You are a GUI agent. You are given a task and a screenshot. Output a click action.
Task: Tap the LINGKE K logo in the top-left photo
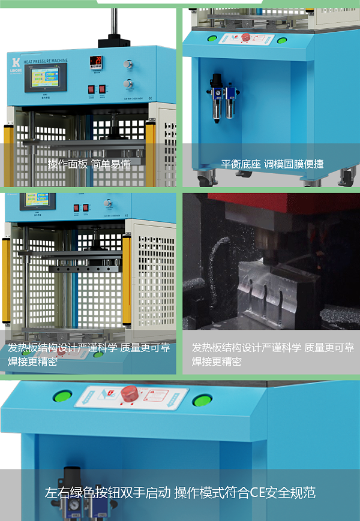click(16, 62)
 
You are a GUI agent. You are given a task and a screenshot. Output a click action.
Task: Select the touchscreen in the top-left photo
click(41, 79)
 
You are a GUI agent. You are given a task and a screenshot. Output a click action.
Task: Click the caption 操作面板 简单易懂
click(89, 164)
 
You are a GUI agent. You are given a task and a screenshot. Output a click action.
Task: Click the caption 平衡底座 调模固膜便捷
click(272, 164)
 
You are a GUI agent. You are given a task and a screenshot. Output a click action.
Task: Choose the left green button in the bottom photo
click(62, 397)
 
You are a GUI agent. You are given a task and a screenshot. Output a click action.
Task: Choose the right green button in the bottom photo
click(203, 400)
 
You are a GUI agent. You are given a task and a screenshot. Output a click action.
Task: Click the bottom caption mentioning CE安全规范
click(180, 493)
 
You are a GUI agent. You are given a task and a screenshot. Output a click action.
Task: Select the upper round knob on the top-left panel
click(128, 64)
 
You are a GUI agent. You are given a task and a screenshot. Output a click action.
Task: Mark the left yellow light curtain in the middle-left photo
click(6, 282)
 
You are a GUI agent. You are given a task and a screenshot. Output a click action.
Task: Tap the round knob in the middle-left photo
click(108, 203)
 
